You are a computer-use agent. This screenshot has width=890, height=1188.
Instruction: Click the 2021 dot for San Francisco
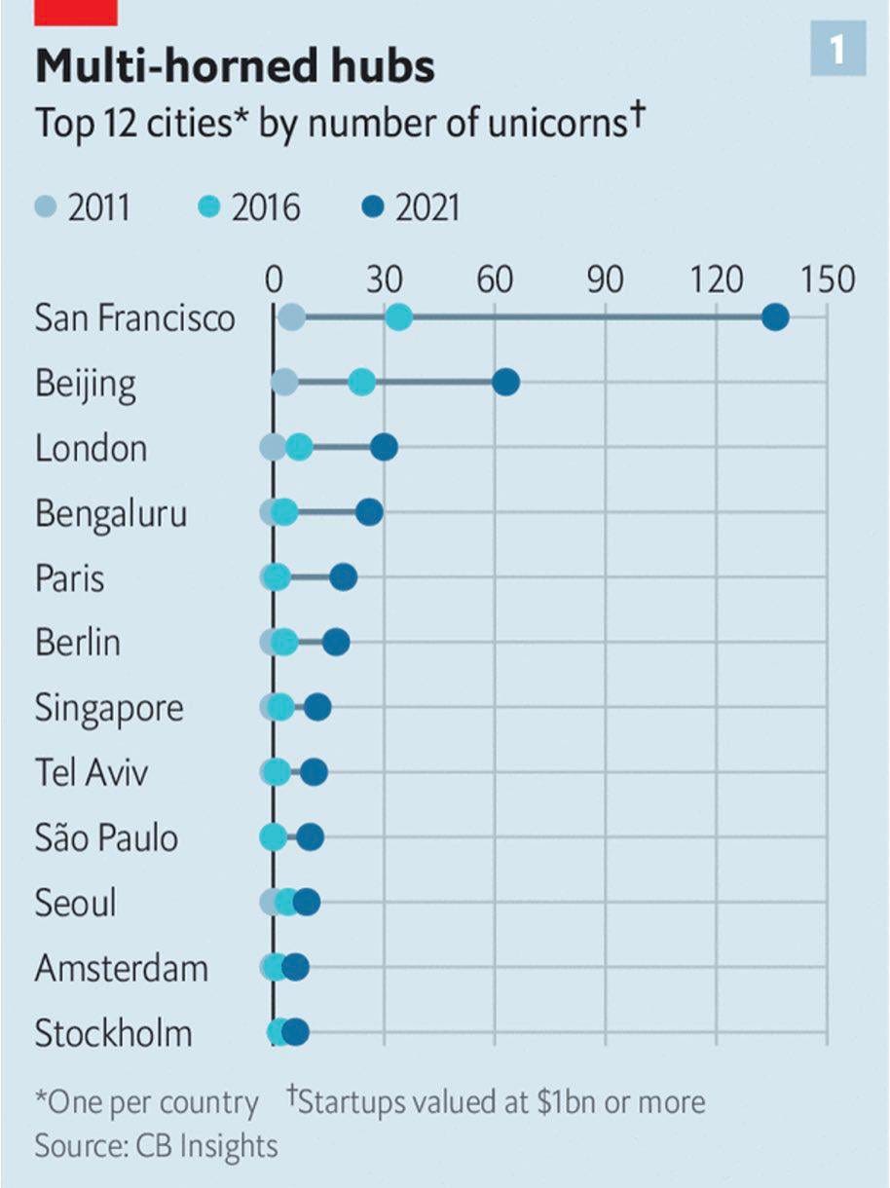[775, 317]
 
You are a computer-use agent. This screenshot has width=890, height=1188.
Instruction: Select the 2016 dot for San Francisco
[398, 317]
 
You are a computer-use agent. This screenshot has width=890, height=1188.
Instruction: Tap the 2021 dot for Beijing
[505, 383]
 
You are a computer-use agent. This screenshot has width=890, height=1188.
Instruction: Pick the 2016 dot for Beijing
[361, 383]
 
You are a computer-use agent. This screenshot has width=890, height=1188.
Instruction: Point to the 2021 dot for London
[384, 447]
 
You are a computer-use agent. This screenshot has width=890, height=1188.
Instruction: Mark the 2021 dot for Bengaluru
[369, 512]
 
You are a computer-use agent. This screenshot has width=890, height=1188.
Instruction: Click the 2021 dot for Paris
[343, 577]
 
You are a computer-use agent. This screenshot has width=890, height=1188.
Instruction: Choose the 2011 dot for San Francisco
[291, 317]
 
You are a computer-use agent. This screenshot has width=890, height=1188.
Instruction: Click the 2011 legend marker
[46, 207]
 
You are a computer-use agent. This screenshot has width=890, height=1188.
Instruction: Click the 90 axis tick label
[606, 279]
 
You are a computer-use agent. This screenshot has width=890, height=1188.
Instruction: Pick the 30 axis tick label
[385, 279]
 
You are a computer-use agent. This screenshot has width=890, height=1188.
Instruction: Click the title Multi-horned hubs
[235, 67]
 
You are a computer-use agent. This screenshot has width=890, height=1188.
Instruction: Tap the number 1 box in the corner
[837, 50]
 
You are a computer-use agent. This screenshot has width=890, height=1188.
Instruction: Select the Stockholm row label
[113, 1033]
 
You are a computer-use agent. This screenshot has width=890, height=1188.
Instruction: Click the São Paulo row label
[106, 837]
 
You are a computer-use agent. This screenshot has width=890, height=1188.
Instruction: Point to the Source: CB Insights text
[156, 1145]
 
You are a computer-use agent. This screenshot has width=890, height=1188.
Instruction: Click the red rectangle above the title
[76, 12]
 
